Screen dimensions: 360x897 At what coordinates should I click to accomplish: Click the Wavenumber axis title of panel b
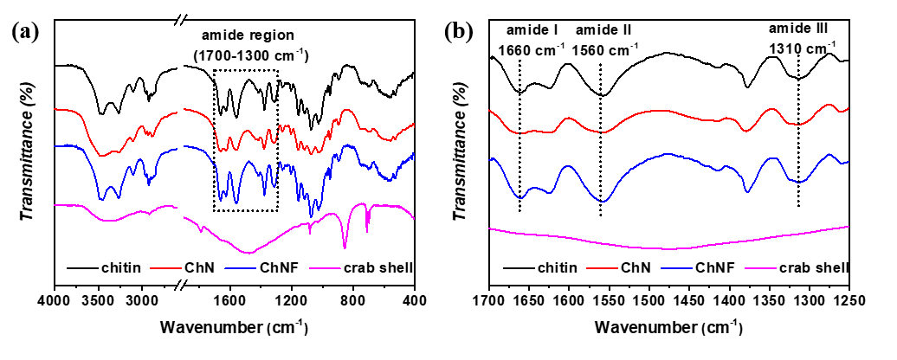pos(668,328)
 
